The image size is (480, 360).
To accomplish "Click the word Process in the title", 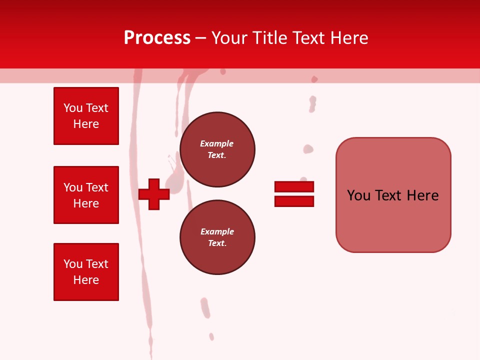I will (157, 38).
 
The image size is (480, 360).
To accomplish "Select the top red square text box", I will (86, 116).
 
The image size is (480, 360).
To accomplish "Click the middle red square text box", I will (86, 195).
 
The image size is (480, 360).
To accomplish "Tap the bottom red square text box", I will (86, 272).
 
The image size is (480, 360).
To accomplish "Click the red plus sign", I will (154, 194).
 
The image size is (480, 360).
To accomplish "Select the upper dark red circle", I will (217, 149).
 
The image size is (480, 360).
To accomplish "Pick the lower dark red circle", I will (217, 237).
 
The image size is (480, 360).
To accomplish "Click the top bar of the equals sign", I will (294, 186).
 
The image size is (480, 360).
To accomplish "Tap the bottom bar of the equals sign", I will (294, 201).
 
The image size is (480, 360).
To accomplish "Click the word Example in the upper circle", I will (216, 143).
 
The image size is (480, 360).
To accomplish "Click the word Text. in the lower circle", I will (217, 243).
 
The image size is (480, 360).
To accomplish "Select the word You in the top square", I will (73, 108).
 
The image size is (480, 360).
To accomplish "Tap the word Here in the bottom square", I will (86, 280).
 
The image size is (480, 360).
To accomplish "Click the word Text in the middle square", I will (96, 187).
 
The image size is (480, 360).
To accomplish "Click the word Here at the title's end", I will (350, 38).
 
